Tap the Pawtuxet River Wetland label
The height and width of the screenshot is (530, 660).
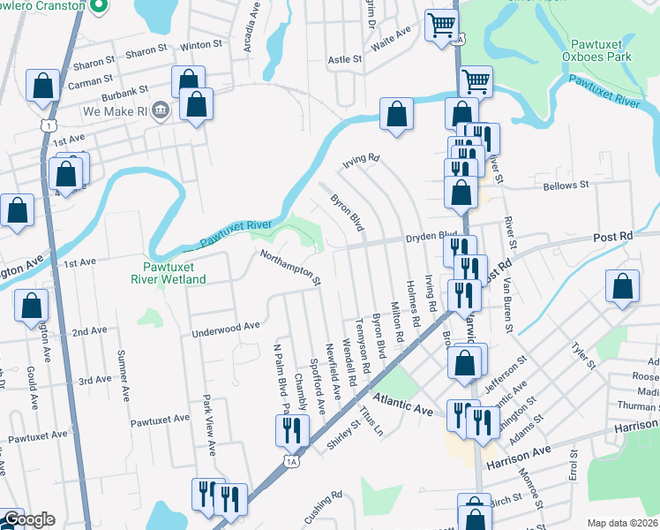(x=169, y=273)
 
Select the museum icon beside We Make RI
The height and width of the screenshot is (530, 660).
(x=161, y=110)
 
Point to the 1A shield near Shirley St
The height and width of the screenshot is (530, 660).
(x=291, y=460)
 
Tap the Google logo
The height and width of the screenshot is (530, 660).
(x=28, y=519)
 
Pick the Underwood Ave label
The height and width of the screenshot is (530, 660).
(x=226, y=326)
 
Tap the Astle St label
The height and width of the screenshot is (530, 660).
(x=345, y=59)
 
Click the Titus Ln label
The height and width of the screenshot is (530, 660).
(x=371, y=421)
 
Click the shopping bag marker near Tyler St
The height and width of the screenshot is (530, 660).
(x=622, y=286)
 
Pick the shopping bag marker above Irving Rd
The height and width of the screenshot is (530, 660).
(x=397, y=113)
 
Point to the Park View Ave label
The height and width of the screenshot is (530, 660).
(x=210, y=424)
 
